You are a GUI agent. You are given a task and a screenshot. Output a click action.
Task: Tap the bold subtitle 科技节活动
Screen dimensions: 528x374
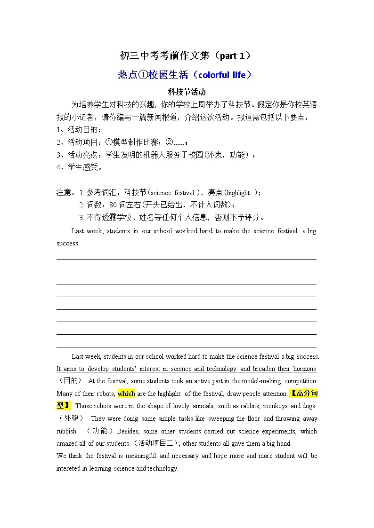(x=187, y=92)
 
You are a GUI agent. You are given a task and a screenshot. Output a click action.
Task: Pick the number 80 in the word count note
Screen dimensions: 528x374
(x=113, y=205)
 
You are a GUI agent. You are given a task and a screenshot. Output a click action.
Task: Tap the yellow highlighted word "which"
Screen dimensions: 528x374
(x=126, y=394)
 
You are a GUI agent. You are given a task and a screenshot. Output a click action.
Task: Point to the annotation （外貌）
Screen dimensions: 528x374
(x=70, y=418)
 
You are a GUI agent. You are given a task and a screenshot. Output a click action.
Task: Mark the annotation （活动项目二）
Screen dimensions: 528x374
(x=157, y=443)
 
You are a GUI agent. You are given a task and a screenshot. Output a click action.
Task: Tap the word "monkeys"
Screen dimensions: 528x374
(x=275, y=406)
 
